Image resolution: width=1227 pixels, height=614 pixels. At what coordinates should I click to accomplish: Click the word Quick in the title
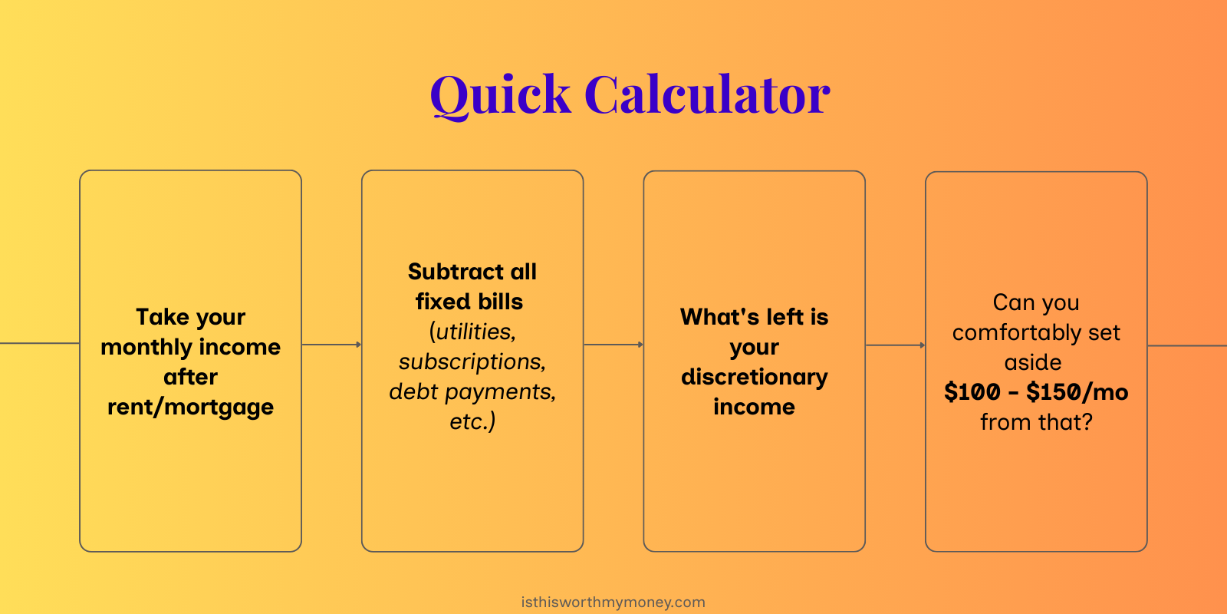(x=500, y=96)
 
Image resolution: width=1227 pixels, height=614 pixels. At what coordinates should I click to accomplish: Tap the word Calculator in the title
(x=707, y=96)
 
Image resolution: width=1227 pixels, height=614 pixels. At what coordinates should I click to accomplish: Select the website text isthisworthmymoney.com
(x=613, y=602)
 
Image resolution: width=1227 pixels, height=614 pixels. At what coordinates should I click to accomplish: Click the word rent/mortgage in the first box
(x=190, y=407)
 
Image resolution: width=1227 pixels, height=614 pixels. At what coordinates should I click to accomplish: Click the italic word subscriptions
(x=472, y=361)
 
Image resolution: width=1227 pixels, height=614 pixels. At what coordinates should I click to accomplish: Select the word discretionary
(x=754, y=377)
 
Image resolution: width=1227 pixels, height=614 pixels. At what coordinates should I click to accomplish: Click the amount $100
(x=972, y=392)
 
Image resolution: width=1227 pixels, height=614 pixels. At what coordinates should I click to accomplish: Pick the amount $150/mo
(x=1077, y=392)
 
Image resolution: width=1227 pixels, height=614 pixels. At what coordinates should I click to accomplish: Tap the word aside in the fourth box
(x=1033, y=362)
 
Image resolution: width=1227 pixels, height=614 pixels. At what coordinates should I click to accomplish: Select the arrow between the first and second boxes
(x=331, y=345)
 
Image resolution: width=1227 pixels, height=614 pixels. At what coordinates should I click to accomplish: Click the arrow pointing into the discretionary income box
(x=613, y=345)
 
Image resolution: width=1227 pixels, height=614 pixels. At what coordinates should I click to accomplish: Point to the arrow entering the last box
(x=895, y=345)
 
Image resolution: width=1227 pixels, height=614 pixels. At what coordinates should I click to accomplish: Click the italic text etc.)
(x=472, y=421)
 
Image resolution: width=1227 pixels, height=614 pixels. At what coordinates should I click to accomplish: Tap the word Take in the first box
(x=162, y=317)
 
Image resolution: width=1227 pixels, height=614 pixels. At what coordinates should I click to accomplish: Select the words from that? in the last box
(x=1036, y=422)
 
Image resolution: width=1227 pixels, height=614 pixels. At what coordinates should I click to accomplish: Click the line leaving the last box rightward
(x=1187, y=345)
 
